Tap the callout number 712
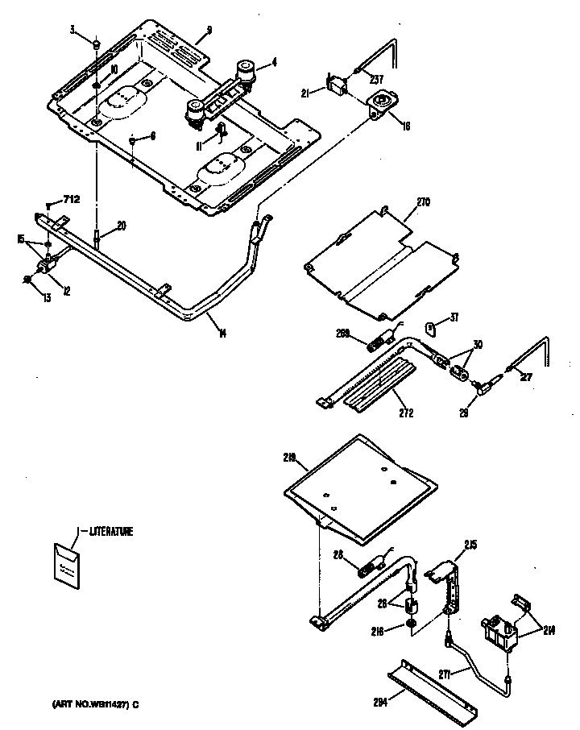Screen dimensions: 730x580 tap(72, 200)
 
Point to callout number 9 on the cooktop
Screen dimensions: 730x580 tap(208, 31)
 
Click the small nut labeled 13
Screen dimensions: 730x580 tap(29, 279)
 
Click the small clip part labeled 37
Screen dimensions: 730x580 tap(431, 326)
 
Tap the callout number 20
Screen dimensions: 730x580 tap(121, 226)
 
